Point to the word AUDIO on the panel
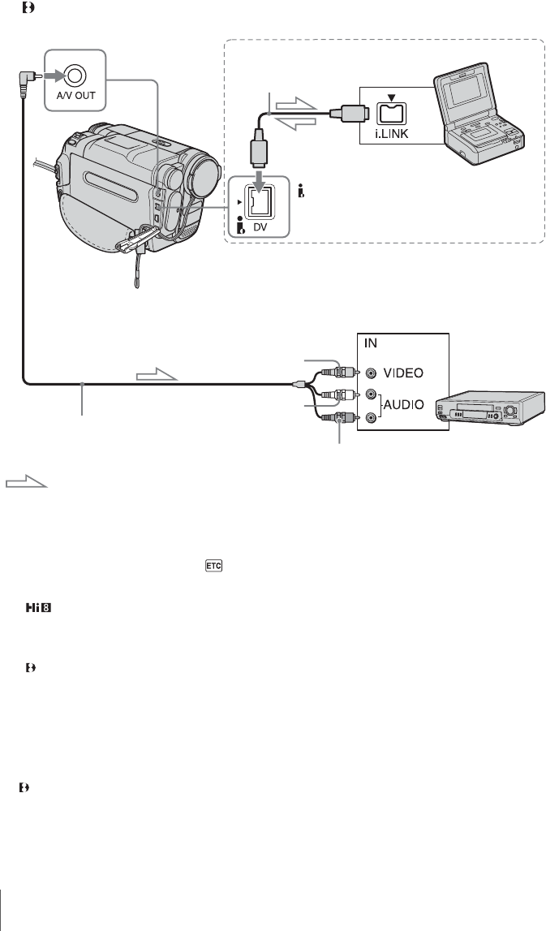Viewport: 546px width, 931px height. point(411,403)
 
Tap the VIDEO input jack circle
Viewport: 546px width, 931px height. point(371,374)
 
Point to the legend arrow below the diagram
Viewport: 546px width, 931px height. point(27,483)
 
